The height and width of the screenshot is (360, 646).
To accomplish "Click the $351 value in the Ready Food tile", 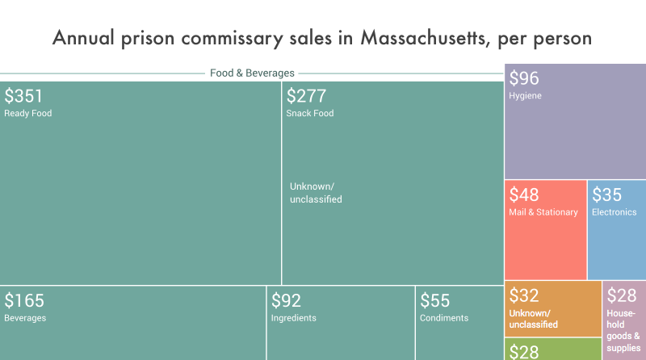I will click(23, 96).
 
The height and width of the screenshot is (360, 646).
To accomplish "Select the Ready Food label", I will click(27, 114).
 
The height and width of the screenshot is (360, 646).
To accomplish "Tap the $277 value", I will click(306, 96).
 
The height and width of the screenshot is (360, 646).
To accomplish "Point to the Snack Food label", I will click(309, 114).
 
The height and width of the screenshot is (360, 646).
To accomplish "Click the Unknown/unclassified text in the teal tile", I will click(316, 193).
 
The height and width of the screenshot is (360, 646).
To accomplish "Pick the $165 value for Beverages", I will click(23, 301).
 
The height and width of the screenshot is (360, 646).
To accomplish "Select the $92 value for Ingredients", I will click(286, 301).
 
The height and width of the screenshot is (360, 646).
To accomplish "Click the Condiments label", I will click(443, 318).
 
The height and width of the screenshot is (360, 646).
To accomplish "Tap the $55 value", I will click(434, 301).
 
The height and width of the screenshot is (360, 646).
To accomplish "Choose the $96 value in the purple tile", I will click(523, 78).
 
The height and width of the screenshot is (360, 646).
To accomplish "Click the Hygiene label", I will click(525, 96).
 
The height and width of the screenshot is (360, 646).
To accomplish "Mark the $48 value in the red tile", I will click(523, 195).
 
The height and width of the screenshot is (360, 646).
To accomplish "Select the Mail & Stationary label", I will click(543, 212).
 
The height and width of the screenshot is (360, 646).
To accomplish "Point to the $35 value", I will click(606, 195).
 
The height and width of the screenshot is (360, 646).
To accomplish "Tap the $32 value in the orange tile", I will click(523, 295).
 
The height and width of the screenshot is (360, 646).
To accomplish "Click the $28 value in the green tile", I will click(523, 351).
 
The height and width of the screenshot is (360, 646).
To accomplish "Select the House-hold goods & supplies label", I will click(623, 330).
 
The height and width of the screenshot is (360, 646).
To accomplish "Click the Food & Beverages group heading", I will click(252, 73).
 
